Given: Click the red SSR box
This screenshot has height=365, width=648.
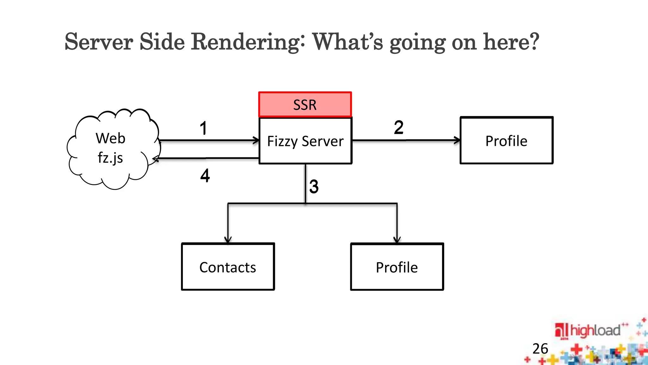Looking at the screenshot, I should point(305,105).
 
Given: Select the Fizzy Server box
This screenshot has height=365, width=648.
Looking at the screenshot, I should point(305,141).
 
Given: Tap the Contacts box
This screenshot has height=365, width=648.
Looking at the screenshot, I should point(228,267).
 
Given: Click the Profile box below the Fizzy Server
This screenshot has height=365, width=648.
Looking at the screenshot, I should point(397,267).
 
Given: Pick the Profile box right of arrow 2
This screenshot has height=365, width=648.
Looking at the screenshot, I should point(506,141).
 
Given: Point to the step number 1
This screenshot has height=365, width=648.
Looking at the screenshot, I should point(203,128).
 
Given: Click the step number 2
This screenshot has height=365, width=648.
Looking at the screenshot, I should point(398,127).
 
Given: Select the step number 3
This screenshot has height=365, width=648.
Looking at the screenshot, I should point(314,186).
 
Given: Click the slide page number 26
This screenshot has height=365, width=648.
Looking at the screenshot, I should point(540,349).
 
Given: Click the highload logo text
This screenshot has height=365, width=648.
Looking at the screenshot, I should point(595,330).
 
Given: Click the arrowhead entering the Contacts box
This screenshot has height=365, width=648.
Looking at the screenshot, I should point(228,240).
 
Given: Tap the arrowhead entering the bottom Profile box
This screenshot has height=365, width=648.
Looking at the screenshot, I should point(397,240).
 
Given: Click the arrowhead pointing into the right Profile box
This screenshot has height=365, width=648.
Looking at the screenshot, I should point(457,140).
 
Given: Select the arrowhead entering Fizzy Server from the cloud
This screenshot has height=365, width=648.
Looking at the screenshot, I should point(256,140).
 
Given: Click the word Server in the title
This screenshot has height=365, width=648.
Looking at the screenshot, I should point(98,42).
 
